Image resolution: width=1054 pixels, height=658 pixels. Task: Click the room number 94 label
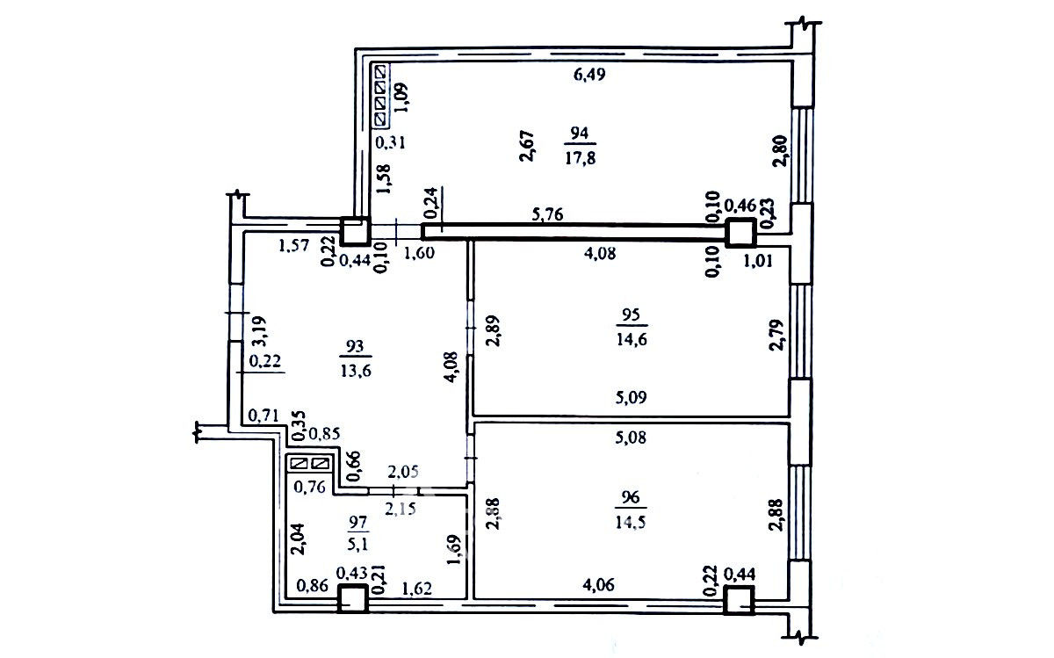[x=579, y=134]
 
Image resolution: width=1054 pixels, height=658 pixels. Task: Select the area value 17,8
[x=581, y=157]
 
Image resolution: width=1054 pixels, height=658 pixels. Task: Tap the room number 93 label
[x=355, y=346]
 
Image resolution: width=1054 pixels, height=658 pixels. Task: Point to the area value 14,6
[x=632, y=338]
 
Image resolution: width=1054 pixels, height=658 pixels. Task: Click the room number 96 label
[x=631, y=497]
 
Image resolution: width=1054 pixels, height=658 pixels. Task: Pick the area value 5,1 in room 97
[x=358, y=544]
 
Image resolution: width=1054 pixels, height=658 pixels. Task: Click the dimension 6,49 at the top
[x=589, y=75]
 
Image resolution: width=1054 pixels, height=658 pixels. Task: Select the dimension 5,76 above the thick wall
[x=547, y=214]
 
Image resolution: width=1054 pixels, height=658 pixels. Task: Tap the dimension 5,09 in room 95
[x=631, y=397]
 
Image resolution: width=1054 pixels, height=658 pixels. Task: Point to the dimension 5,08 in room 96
[x=631, y=437]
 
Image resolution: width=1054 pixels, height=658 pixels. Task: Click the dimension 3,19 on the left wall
[x=259, y=331]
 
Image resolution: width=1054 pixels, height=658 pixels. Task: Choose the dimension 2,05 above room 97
[x=403, y=471]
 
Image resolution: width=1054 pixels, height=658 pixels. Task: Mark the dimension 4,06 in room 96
[x=598, y=584]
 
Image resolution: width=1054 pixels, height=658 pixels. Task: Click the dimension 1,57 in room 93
[x=294, y=245]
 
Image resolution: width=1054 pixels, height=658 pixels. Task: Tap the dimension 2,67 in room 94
[x=528, y=146]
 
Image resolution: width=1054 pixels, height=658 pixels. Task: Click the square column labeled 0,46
[x=740, y=233]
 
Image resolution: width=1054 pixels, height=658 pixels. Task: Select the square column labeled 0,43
[x=352, y=598]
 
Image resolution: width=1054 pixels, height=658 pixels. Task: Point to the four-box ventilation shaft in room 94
[x=381, y=96]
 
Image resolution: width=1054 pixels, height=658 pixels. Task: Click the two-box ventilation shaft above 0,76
[x=310, y=464]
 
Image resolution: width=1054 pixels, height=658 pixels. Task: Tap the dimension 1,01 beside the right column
[x=757, y=261]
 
